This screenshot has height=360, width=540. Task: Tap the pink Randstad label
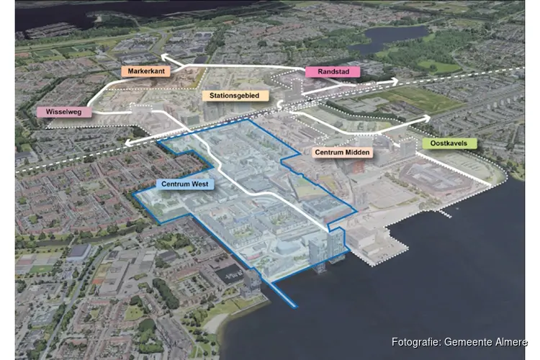pyautogui.click(x=328, y=72)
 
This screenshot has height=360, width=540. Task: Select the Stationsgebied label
pyautogui.click(x=235, y=96)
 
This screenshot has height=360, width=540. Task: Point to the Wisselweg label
pyautogui.click(x=64, y=112)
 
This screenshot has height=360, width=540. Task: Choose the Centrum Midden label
pyautogui.click(x=341, y=153)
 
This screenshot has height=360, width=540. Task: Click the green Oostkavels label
pyautogui.click(x=450, y=143)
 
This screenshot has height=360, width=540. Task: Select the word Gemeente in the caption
pyautogui.click(x=468, y=342)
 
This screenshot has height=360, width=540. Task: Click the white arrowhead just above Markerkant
pyautogui.click(x=164, y=55)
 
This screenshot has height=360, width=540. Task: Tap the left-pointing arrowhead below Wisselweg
pyautogui.click(x=127, y=143)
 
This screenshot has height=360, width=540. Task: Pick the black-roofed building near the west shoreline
pyautogui.click(x=230, y=274)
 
